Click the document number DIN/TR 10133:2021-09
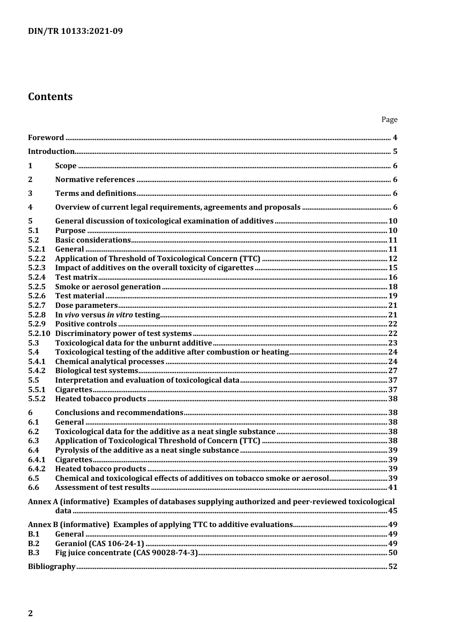click(x=75, y=31)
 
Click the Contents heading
click(x=50, y=97)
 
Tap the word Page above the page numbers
click(x=389, y=120)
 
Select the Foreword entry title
click(x=46, y=138)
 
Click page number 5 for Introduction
click(x=395, y=152)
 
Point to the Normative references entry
click(x=95, y=180)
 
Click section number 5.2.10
click(x=39, y=334)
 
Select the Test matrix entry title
click(x=76, y=277)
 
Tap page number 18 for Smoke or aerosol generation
click(x=393, y=287)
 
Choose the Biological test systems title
click(x=97, y=371)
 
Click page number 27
click(x=393, y=371)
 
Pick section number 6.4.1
click(x=37, y=460)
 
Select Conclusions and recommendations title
click(x=119, y=413)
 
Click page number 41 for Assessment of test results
click(x=393, y=488)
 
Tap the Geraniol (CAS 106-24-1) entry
click(x=99, y=544)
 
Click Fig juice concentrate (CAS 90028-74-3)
click(x=126, y=553)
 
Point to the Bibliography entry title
click(x=51, y=567)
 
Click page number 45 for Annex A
click(x=393, y=511)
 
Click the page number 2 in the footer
click(x=30, y=613)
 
